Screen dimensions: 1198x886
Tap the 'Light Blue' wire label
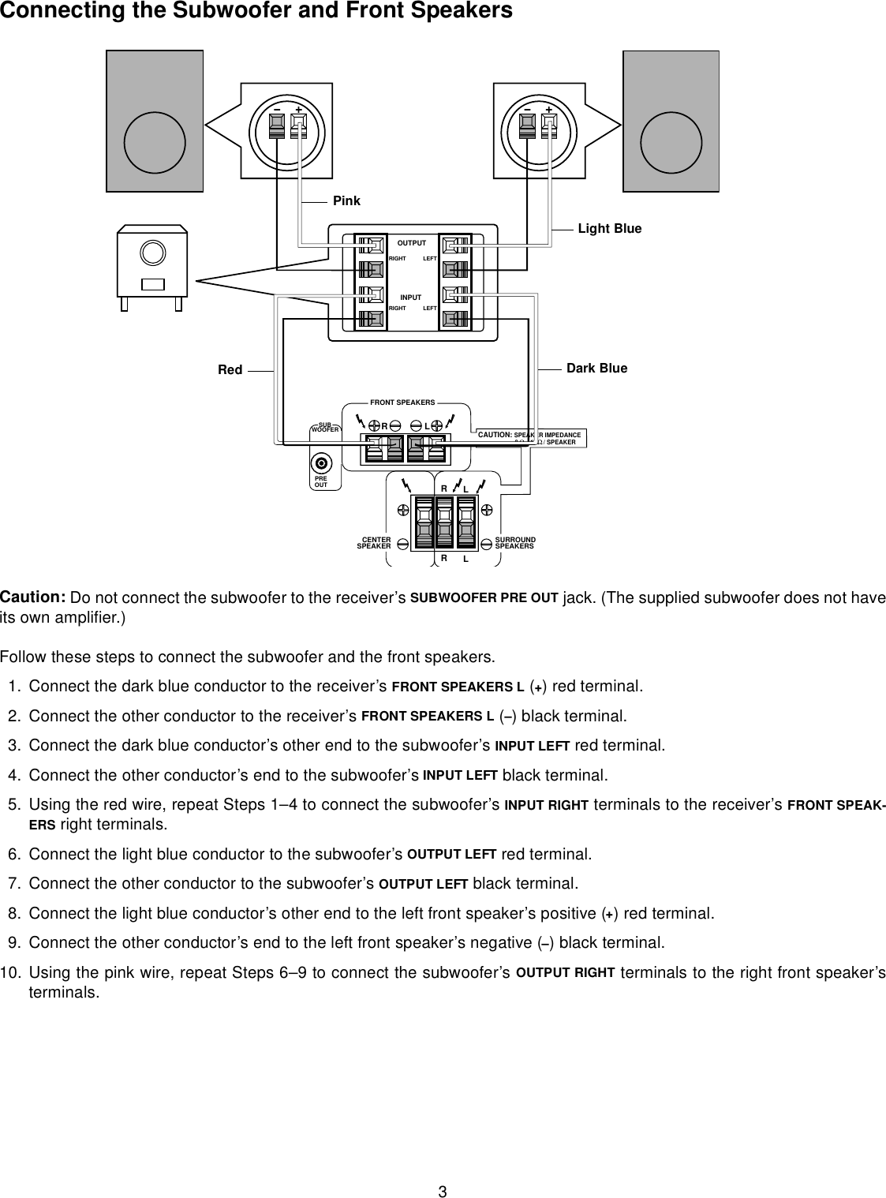[x=610, y=229]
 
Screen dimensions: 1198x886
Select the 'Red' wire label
[x=230, y=369]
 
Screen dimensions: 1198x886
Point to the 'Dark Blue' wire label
[x=597, y=369]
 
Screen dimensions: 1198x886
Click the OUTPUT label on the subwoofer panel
[x=412, y=243]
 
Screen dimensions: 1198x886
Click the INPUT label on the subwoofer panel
[x=411, y=298]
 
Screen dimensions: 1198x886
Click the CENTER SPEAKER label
[x=375, y=543]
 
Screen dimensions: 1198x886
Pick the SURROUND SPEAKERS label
[x=514, y=543]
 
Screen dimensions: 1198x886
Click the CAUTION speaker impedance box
[x=532, y=438]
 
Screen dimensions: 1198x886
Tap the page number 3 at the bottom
[x=443, y=1169]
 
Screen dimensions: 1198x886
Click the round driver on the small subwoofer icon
[x=152, y=253]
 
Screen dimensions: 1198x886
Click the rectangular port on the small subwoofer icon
[x=154, y=285]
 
